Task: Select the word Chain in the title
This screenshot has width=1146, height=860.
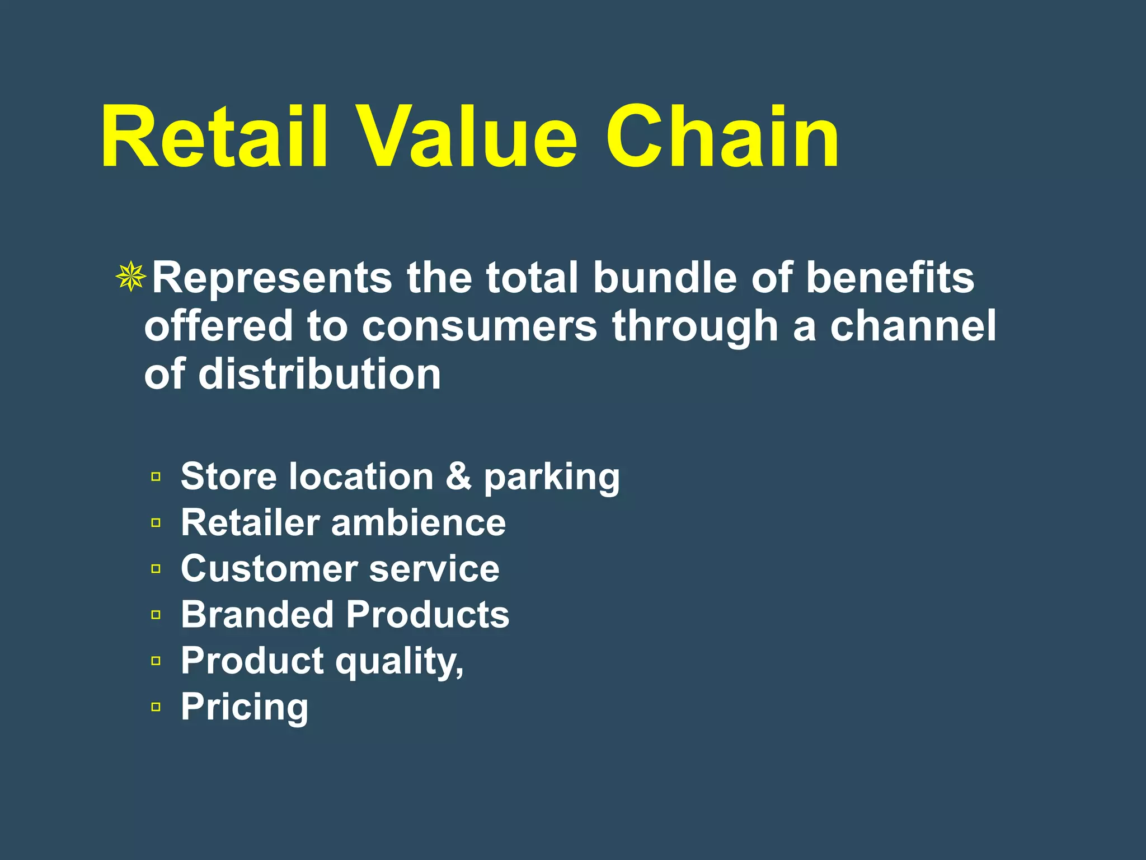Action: [x=722, y=137]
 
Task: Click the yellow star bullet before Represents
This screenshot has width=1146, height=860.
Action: [x=131, y=277]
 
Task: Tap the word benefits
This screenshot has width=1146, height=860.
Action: [x=890, y=278]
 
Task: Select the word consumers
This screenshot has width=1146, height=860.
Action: [x=480, y=326]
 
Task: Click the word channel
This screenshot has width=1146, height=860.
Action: [x=913, y=326]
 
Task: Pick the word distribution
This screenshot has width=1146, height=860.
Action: [x=320, y=374]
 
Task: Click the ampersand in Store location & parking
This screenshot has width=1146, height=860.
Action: [x=459, y=476]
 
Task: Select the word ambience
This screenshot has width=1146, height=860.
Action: [x=419, y=522]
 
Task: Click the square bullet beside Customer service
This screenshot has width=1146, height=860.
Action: [x=156, y=569]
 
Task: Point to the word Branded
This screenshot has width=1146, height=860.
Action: [x=257, y=615]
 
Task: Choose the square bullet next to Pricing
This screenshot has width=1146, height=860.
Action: [x=156, y=707]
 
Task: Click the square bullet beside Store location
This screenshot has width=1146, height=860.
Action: [x=156, y=477]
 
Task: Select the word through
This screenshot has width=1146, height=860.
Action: [x=695, y=327]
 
